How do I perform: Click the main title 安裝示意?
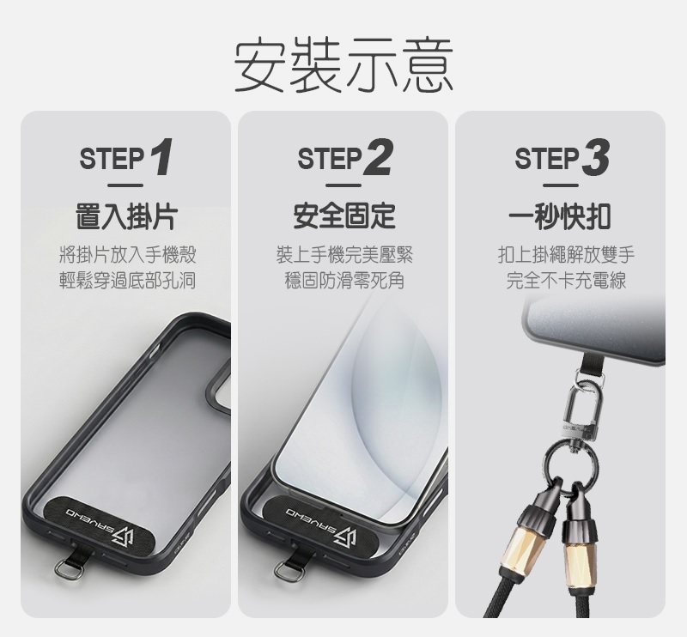tap(343, 65)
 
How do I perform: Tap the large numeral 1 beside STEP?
tap(161, 157)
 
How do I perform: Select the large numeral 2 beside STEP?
tap(378, 157)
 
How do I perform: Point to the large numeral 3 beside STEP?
tap(596, 157)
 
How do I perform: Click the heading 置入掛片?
tap(126, 216)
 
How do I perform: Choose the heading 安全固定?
tap(344, 216)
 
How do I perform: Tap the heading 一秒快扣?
tap(560, 216)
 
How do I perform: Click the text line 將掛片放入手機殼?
tap(127, 255)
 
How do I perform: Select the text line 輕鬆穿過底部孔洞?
tap(127, 281)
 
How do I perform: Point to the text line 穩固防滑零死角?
tap(344, 281)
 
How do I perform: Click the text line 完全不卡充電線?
tap(566, 281)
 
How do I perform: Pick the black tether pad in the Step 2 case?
tap(318, 521)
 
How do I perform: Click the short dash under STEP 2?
tap(344, 185)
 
